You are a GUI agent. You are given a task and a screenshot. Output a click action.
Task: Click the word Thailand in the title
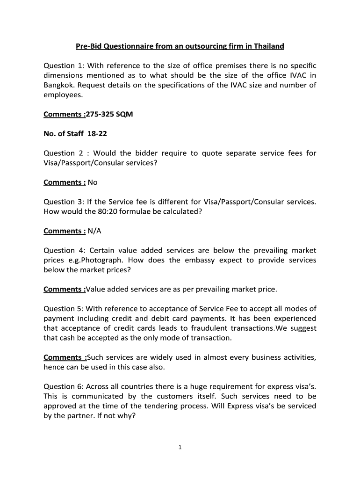[x=267, y=46]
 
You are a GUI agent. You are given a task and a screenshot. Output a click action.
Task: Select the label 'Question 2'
[x=63, y=153]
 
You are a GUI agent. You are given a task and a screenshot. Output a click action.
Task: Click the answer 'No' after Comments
[x=93, y=182]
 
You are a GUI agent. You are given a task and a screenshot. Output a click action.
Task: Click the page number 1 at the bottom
[x=180, y=448]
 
